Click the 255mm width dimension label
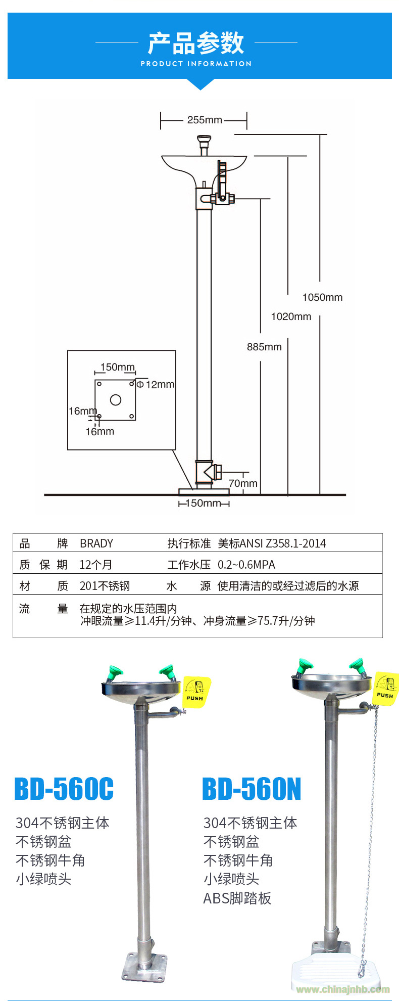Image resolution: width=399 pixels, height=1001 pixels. [205, 120]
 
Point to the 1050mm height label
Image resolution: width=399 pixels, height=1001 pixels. [322, 297]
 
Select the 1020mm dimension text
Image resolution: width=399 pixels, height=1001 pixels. [291, 316]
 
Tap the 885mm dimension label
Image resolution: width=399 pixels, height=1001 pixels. [264, 347]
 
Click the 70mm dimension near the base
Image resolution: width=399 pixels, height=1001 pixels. [243, 483]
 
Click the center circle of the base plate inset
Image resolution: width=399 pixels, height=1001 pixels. [116, 400]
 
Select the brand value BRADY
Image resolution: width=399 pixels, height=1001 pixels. [96, 543]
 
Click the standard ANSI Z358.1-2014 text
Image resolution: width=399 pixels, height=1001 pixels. [272, 543]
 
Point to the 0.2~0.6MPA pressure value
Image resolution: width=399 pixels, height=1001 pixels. [246, 565]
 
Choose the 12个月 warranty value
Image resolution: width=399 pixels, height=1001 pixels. [96, 565]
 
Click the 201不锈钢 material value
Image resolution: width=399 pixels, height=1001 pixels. [105, 586]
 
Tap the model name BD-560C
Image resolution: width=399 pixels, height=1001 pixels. [64, 789]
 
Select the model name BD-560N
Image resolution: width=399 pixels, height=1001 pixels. [252, 789]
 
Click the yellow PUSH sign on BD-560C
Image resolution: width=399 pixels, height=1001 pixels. [196, 692]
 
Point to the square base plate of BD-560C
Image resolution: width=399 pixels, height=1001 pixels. [144, 967]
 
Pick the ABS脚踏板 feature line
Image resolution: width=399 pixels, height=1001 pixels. [237, 898]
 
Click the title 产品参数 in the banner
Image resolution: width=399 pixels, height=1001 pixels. [196, 43]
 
